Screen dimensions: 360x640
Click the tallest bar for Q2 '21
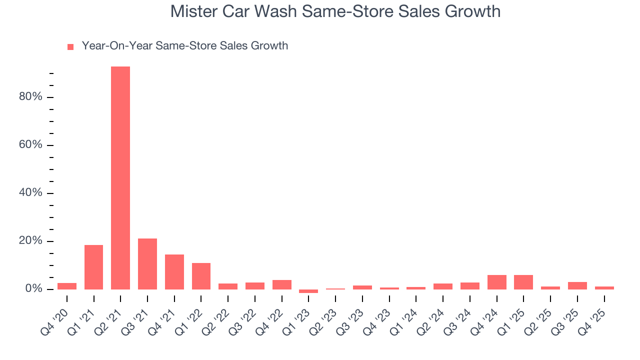120,177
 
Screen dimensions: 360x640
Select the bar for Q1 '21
93,267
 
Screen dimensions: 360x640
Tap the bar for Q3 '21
147,264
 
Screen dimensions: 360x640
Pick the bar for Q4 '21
174,272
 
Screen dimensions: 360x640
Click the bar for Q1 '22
201,276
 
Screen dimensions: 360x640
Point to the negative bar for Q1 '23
308,291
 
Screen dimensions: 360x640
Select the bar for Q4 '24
496,282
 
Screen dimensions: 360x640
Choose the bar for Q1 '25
523,282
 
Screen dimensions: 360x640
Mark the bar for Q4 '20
67,286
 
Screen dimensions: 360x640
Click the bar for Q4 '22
282,284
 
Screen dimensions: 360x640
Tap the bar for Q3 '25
577,285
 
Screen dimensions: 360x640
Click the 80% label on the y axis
30,97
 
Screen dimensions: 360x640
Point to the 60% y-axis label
30,145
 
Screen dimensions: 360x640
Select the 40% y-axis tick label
30,193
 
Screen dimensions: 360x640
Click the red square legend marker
70,46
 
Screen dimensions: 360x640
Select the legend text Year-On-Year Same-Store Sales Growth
185,46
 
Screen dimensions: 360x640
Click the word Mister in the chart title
193,11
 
